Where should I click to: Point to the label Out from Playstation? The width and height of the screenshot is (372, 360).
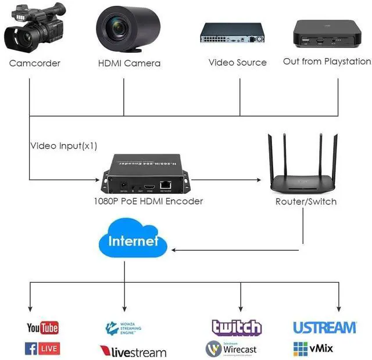pos(327,61)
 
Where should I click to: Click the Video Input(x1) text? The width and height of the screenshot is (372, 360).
pos(64,146)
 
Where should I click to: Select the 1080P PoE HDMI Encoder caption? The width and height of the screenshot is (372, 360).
pos(148,201)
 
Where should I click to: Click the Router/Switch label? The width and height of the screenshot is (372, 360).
pos(306,201)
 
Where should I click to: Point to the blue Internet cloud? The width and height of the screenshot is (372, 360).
pos(133,240)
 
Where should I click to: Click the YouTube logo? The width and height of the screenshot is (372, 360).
pos(42,328)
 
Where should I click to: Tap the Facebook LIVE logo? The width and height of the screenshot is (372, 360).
pos(42,348)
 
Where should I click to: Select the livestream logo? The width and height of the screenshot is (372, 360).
pos(133,351)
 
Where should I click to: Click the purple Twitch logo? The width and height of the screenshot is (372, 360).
pos(237,327)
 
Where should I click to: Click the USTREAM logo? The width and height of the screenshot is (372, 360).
pos(324,327)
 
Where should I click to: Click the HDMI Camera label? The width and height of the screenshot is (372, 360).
pos(129,63)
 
